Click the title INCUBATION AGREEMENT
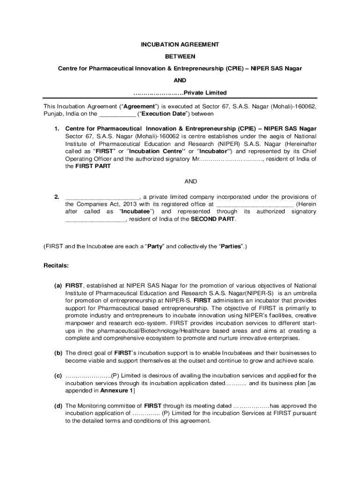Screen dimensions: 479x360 180,44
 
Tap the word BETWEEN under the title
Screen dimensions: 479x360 180,56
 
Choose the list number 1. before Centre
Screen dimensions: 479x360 56,129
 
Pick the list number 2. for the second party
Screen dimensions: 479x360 56,196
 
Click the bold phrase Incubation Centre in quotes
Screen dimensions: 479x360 154,151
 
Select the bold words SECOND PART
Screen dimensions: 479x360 213,219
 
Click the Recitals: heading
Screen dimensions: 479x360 56,266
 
